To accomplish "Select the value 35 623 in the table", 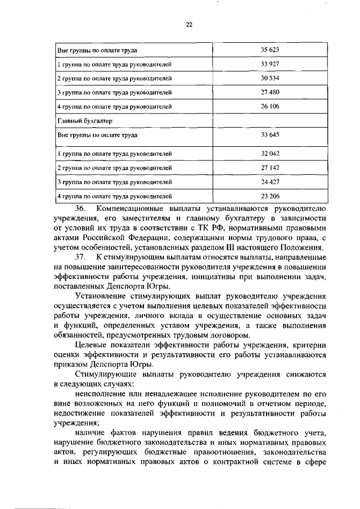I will click(270, 51).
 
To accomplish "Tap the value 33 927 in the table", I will click(270, 64).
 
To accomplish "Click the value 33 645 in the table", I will click(270, 135).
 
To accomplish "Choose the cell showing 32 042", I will click(270, 153).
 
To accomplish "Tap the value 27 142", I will click(270, 168).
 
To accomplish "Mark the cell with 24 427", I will click(270, 182).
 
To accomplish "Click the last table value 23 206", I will click(270, 196).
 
